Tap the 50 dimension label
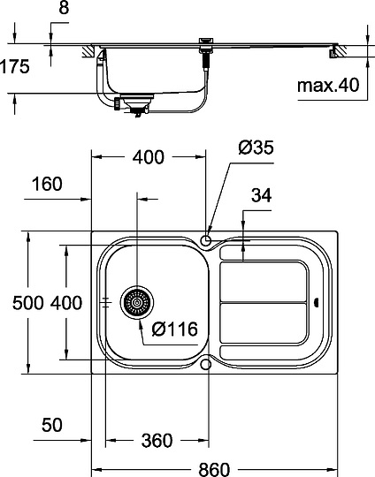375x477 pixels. [x=53, y=425]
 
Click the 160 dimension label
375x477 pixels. [x=45, y=184]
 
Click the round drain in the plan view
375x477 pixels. [x=137, y=303]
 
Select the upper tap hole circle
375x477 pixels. [x=206, y=239]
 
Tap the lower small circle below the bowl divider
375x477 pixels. [x=206, y=363]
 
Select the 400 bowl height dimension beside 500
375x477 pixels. [x=66, y=303]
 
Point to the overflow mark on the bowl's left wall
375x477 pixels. [x=106, y=302]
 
